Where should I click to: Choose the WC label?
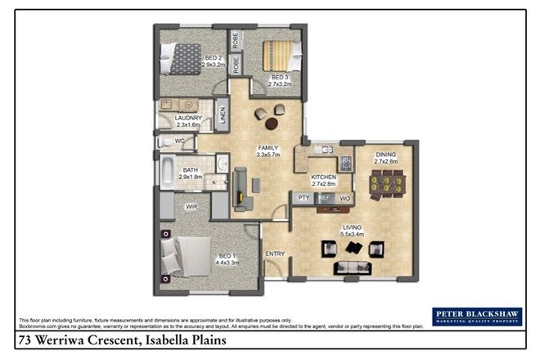[179, 142]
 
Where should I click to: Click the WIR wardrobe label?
[191, 207]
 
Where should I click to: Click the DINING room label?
[386, 158]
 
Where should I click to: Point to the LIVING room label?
[353, 228]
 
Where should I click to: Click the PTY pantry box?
[303, 198]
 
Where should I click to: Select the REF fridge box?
[324, 198]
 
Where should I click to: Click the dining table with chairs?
[387, 187]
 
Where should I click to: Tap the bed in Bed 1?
[189, 255]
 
